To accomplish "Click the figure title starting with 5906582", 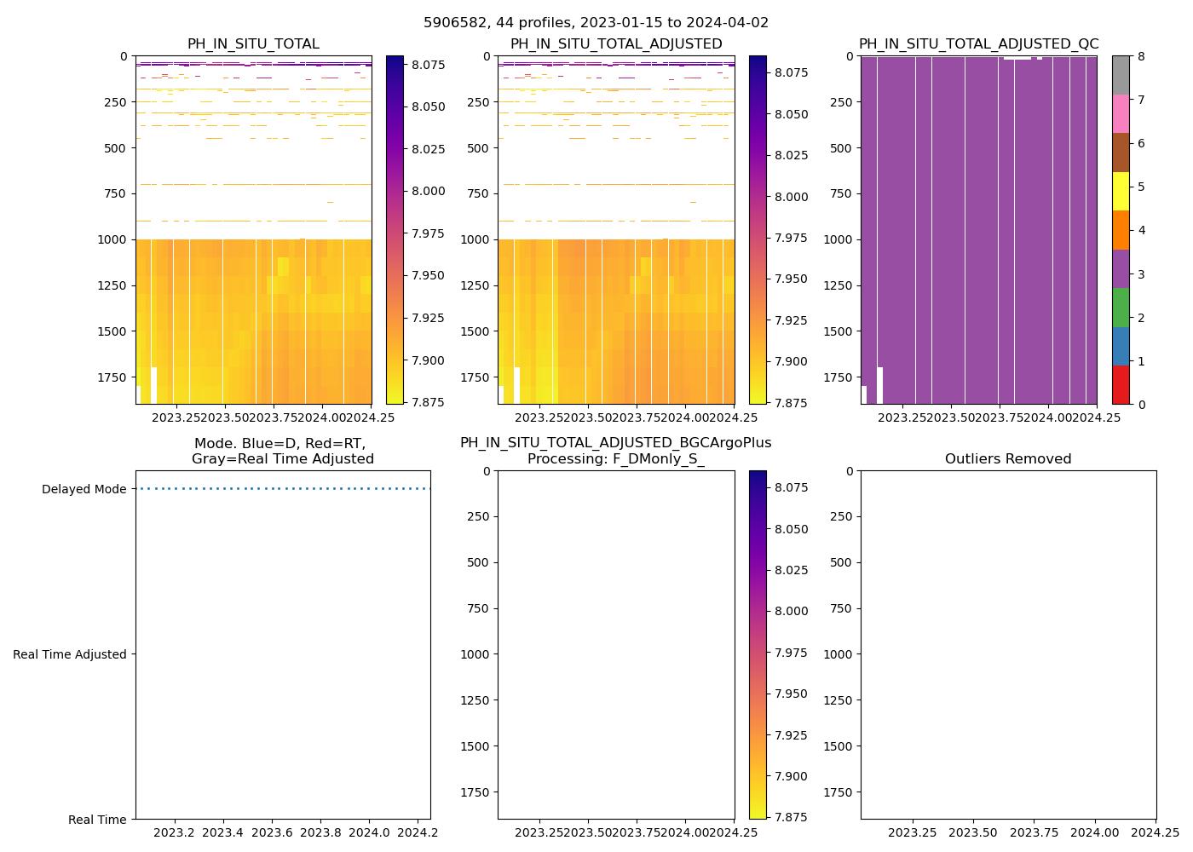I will (596, 23).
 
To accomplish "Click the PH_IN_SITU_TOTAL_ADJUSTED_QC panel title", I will (978, 44).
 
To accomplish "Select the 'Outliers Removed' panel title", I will (1008, 459).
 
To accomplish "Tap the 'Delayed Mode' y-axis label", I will (84, 489).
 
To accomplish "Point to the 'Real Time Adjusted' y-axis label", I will (70, 654).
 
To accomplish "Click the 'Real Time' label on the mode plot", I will (97, 820).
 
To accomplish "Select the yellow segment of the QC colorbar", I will (1121, 191).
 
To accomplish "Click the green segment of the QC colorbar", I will (1121, 308).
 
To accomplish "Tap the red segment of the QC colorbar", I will (1121, 385).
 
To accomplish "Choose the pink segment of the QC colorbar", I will (1121, 113).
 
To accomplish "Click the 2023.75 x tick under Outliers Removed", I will (1034, 832).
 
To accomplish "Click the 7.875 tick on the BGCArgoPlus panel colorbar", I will (791, 817).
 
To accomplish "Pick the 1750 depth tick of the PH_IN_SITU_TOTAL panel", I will (113, 377).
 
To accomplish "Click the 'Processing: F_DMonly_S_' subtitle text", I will (615, 459).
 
